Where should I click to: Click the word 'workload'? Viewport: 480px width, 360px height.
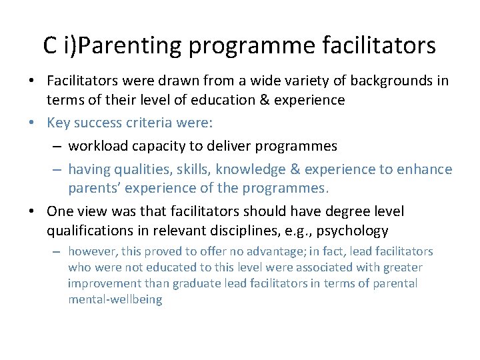point(98,145)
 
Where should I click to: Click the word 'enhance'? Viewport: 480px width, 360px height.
point(425,169)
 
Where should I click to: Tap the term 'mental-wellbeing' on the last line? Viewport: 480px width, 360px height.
point(115,299)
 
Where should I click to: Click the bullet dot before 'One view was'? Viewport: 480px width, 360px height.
point(32,211)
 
